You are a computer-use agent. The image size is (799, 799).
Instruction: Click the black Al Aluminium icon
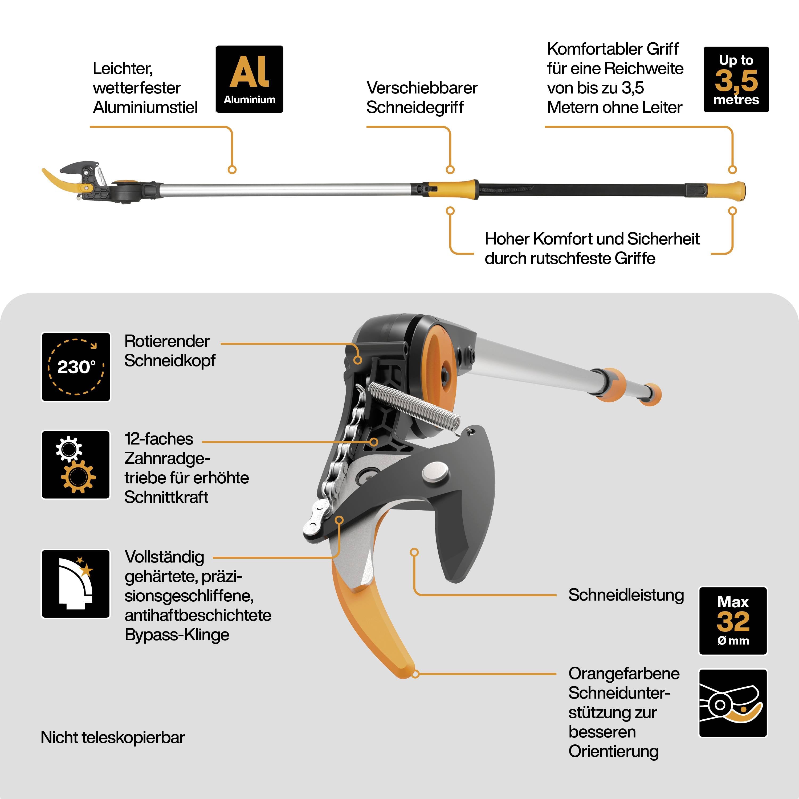[249, 79]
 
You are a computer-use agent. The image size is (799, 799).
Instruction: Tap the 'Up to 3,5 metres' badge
[736, 79]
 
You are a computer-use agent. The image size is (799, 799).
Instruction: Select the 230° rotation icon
[76, 367]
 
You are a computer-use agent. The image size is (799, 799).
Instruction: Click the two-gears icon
[76, 464]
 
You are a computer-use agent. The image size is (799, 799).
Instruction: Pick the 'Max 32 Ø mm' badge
[733, 621]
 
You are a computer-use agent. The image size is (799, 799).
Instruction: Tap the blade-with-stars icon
[76, 584]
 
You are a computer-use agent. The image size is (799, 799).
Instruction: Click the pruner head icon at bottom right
[733, 703]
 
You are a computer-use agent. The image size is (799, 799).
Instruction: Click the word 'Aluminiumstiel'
[145, 108]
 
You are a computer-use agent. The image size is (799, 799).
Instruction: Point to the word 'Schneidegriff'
[415, 108]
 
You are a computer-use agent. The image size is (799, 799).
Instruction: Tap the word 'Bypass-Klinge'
[177, 634]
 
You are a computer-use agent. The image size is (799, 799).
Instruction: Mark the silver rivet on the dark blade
[435, 472]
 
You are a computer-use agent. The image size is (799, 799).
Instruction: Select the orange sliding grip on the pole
[453, 189]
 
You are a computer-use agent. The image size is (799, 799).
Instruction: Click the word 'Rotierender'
[167, 341]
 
